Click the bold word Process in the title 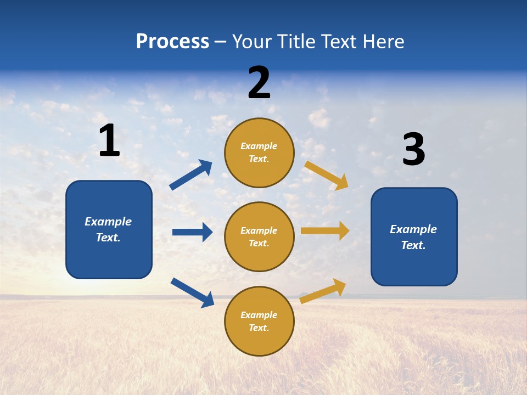click(x=172, y=42)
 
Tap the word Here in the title click(x=382, y=42)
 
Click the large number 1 click(x=109, y=141)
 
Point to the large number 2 click(x=259, y=83)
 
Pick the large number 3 click(x=413, y=150)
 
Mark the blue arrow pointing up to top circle click(x=191, y=175)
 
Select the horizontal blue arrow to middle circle click(x=192, y=232)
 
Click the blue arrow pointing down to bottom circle click(x=192, y=292)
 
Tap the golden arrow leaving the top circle click(x=326, y=175)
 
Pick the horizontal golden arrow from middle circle click(x=325, y=231)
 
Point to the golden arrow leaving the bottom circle click(x=323, y=291)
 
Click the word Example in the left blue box click(x=108, y=222)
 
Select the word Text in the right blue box click(x=413, y=245)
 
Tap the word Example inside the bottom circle click(x=259, y=315)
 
